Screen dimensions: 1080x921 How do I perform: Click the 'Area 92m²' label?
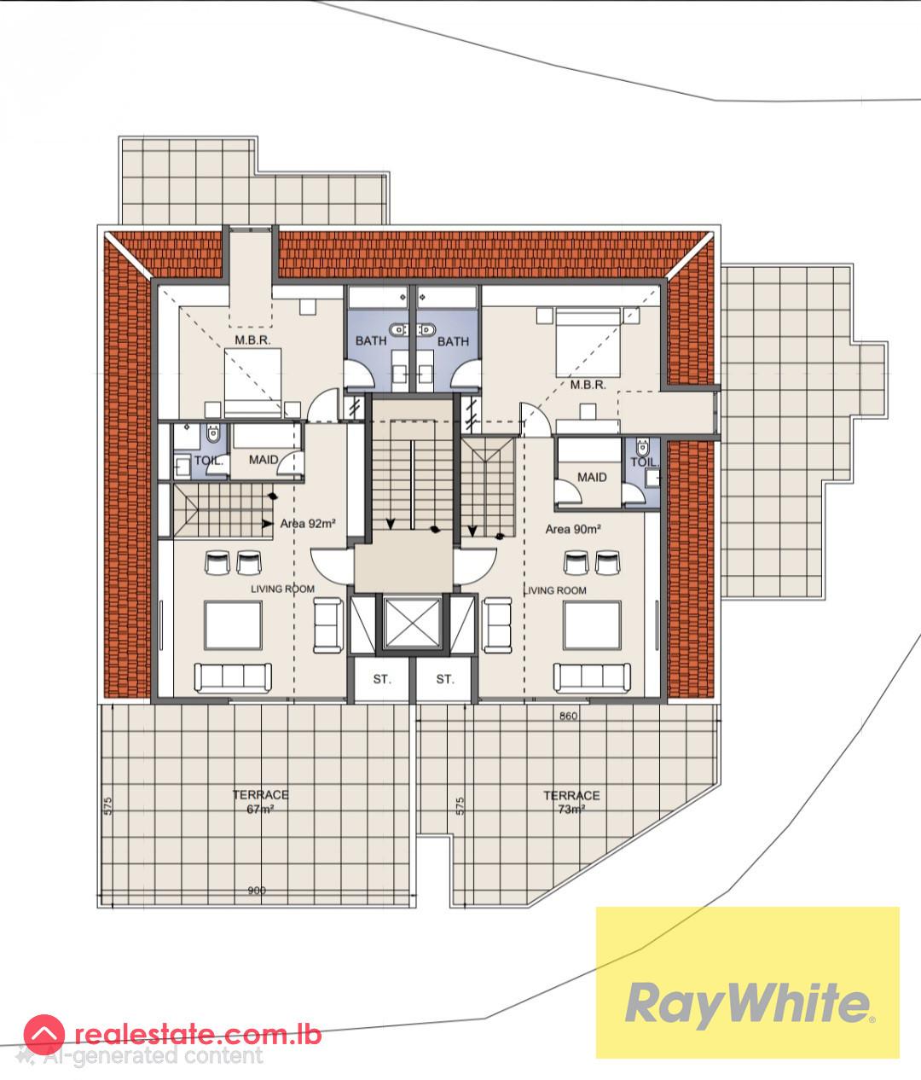[306, 524]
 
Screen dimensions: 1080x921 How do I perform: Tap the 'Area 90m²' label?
[573, 529]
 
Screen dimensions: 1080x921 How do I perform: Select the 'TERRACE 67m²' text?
[260, 802]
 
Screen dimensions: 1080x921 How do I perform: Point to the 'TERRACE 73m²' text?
[571, 802]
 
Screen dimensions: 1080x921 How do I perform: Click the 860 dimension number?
[569, 716]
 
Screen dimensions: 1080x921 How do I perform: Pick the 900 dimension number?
[257, 891]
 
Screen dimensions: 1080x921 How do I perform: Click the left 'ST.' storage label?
[382, 679]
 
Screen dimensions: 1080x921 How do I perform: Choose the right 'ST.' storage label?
[444, 679]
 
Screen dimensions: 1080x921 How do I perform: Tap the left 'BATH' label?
[371, 341]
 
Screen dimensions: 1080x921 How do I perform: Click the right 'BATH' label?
[453, 341]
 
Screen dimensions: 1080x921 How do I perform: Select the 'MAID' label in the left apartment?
[264, 460]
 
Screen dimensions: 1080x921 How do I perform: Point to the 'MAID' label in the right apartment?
[592, 477]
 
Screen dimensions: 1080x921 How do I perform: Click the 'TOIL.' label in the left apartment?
[210, 461]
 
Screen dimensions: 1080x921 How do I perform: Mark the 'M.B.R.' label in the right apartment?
[588, 385]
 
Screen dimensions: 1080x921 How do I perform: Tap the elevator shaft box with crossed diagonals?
[410, 626]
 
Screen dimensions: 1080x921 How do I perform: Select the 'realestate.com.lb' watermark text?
[199, 1035]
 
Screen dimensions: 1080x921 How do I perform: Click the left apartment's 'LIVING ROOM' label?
[282, 589]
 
